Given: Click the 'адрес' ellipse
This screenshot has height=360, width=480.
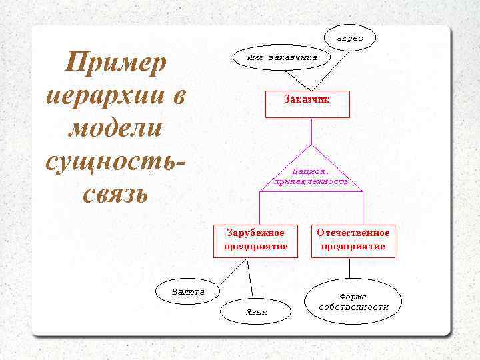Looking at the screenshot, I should (349, 38).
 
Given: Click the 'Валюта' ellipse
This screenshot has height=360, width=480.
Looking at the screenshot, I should (189, 291).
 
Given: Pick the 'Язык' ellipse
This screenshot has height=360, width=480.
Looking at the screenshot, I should (256, 311).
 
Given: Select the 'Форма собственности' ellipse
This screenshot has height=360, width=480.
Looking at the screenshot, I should (353, 302).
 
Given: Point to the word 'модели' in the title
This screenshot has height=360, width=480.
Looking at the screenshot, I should (114, 128).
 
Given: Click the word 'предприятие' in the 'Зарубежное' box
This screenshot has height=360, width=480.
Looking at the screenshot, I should (256, 246).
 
